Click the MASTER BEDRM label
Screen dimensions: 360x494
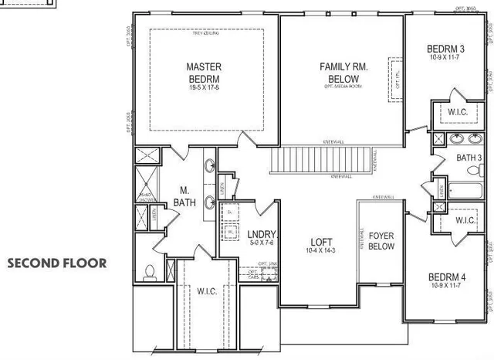pos(205,73)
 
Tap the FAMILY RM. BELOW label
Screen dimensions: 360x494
pos(343,73)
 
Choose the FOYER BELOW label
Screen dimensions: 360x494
pos(381,241)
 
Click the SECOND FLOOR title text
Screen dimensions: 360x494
pos(58,263)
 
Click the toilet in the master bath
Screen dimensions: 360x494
pos(151,271)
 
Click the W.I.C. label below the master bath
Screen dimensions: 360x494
pos(205,291)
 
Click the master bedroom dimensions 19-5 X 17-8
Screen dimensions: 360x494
pos(205,87)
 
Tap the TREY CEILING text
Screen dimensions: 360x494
pos(205,34)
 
